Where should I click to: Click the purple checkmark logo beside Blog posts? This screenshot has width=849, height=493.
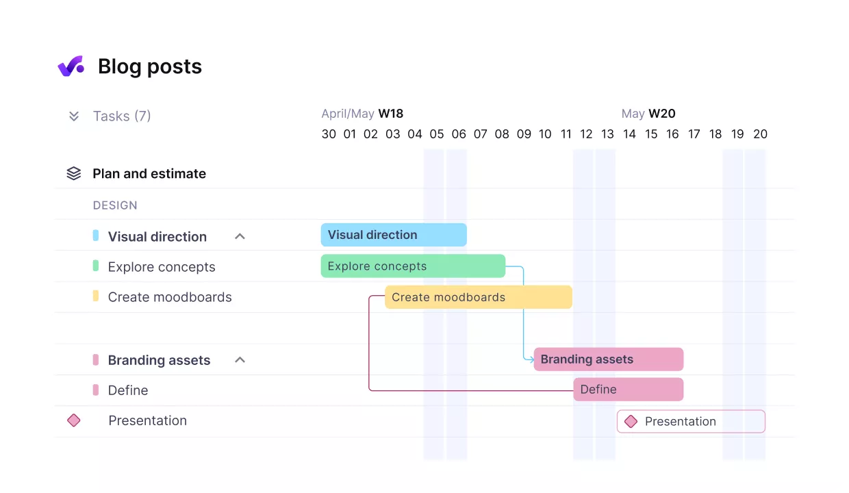click(71, 66)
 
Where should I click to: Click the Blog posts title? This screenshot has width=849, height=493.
click(150, 66)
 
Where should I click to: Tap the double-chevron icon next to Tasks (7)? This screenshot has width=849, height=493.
click(74, 116)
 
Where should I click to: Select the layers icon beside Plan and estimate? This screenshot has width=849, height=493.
click(74, 174)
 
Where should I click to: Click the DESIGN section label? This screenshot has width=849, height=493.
click(115, 205)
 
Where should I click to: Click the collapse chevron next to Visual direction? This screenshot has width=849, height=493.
click(240, 236)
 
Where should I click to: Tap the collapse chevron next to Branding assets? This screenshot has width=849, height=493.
click(240, 359)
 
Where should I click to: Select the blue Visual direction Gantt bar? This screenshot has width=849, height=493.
click(394, 235)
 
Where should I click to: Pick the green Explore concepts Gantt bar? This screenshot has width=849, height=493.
click(413, 266)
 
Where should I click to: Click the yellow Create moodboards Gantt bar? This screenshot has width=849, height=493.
click(478, 297)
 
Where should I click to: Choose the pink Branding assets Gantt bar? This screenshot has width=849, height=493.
click(609, 359)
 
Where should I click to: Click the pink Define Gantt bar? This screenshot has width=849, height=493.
click(629, 390)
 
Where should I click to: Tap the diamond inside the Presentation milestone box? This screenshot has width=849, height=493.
click(631, 422)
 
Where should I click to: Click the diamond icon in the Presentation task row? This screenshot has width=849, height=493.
click(74, 420)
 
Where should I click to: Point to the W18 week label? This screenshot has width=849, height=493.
click(391, 114)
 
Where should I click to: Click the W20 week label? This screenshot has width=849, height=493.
click(661, 114)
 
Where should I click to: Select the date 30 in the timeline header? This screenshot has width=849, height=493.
click(329, 134)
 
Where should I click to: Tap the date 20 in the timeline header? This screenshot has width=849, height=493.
click(760, 134)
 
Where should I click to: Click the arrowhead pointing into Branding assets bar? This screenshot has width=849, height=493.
click(531, 359)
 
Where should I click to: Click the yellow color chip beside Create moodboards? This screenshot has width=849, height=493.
click(96, 296)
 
